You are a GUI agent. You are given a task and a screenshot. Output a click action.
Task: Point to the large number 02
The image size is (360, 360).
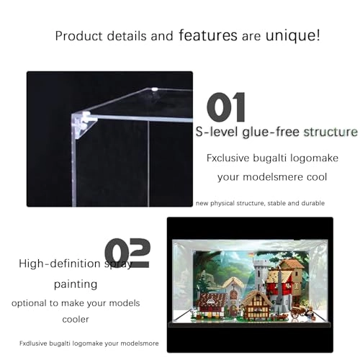click(127, 253)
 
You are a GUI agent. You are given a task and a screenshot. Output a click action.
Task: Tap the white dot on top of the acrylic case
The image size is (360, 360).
click(155, 90)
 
